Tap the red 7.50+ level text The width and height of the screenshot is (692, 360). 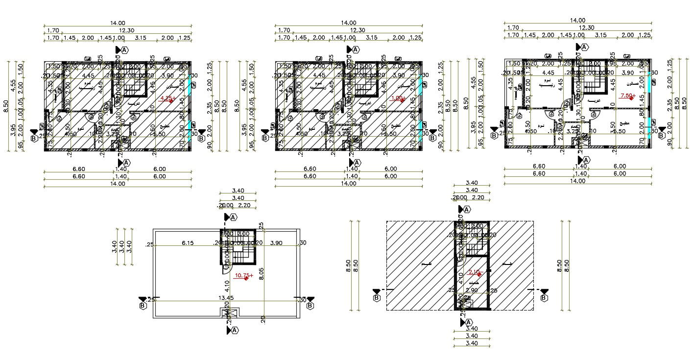tap(627, 96)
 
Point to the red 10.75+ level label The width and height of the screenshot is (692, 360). tap(244, 276)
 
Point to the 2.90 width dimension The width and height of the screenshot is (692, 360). tap(472, 290)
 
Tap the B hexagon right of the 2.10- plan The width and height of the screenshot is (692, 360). tap(545, 297)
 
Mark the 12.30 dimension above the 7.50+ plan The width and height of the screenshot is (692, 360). tap(578, 28)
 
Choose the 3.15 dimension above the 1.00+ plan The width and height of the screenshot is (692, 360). tap(371, 38)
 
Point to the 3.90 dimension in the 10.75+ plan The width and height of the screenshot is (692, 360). tap(276, 243)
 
